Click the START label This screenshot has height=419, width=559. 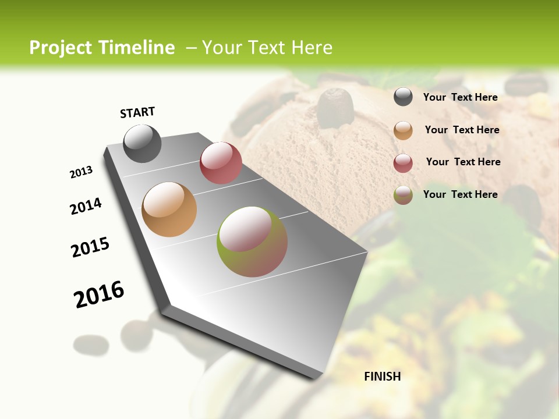[137, 112]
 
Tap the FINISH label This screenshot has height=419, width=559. [383, 377]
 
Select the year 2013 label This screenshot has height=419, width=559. [82, 172]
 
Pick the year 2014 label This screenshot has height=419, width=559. [86, 207]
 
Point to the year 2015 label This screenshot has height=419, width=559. [90, 247]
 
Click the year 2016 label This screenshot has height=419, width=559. [99, 294]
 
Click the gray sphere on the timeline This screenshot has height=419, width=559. [142, 143]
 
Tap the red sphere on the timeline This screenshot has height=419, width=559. [221, 163]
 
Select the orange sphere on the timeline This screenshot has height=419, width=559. [169, 210]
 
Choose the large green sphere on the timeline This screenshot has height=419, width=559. [252, 242]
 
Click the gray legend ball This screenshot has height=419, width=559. [403, 97]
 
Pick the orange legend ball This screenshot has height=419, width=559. [403, 130]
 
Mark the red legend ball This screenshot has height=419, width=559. [403, 162]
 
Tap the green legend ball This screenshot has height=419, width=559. [403, 195]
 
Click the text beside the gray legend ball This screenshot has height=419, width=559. [460, 97]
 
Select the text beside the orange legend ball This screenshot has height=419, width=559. [462, 130]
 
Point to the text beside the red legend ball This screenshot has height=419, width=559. [463, 162]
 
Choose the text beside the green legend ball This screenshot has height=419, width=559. [460, 194]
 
